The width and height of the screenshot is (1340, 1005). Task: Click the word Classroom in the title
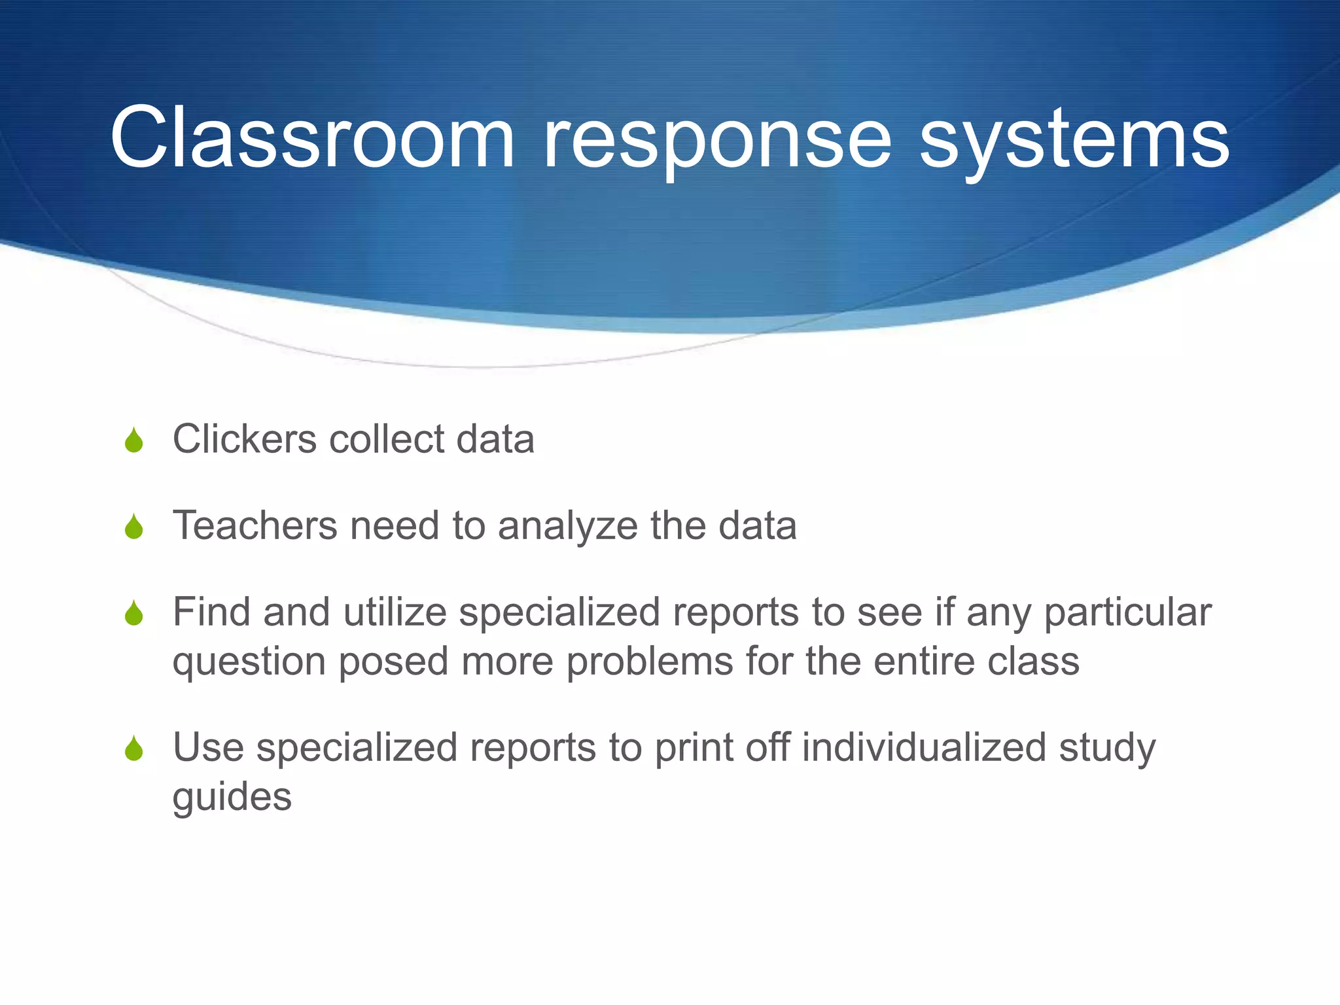313,139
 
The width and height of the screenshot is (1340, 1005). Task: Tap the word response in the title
717,139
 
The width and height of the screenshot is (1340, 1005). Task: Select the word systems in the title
1074,139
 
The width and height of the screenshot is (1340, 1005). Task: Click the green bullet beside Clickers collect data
134,440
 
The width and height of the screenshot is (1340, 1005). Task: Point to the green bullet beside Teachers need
134,527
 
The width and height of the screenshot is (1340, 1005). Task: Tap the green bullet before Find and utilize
134,614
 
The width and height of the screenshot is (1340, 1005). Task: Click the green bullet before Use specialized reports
134,749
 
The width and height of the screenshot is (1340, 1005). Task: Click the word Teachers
255,525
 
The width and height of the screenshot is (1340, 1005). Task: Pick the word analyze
567,527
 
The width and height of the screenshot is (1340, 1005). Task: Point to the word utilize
394,612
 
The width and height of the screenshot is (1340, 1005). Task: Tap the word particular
1127,614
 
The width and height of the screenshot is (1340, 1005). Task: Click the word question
249,662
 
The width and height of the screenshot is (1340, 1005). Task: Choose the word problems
649,662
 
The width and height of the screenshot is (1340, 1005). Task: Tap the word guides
232,798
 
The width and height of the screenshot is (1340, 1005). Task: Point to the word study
1107,749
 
